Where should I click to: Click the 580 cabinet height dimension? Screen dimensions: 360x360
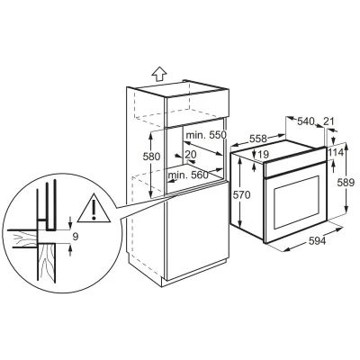[x=152, y=157]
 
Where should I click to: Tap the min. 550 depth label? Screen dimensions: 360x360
[x=205, y=135]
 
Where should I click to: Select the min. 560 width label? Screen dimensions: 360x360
[x=188, y=175]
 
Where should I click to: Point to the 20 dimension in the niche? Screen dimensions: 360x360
[x=191, y=155]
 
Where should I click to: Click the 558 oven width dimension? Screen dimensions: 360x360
[x=258, y=139]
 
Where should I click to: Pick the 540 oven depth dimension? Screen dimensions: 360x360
[x=305, y=121]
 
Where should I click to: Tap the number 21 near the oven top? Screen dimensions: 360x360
[x=328, y=121]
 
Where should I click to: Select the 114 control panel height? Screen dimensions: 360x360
[x=336, y=153]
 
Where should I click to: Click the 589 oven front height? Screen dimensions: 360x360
[x=346, y=183]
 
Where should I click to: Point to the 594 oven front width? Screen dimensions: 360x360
[x=316, y=240]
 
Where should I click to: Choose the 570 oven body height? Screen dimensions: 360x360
[x=241, y=195]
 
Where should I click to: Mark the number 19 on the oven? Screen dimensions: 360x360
[x=263, y=155]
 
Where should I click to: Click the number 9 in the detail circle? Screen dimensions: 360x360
[x=76, y=237]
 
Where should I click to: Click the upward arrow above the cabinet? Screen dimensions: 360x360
[x=159, y=74]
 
